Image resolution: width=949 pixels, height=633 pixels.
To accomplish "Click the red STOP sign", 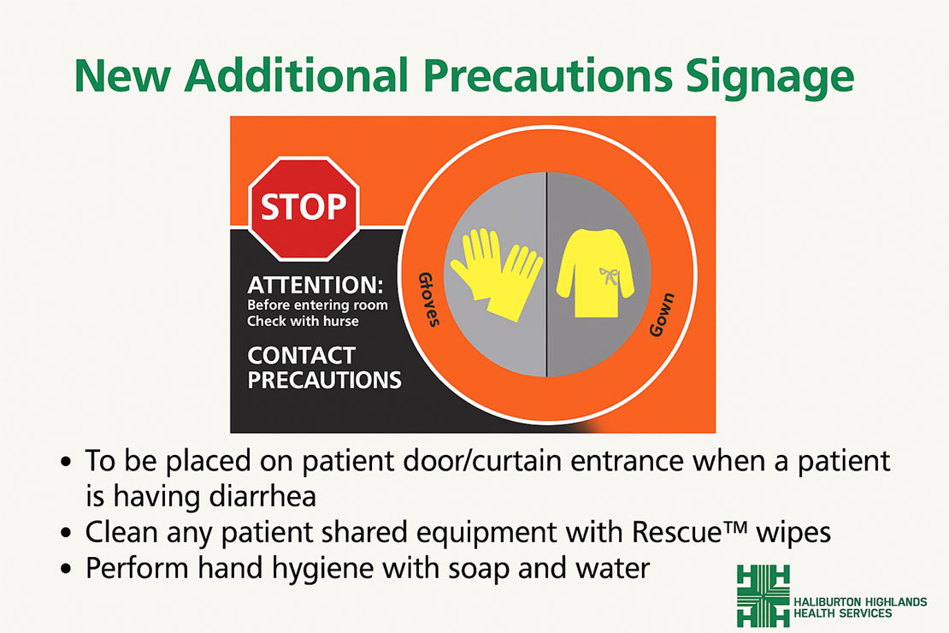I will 304,208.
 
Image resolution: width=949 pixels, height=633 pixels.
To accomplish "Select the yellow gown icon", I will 597,274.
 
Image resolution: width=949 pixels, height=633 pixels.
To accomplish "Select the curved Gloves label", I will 429,300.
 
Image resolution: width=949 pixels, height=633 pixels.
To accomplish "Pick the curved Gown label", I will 662,314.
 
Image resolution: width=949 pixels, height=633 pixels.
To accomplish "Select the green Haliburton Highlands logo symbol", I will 763,595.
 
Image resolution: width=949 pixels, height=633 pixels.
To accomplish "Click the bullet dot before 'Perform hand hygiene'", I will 68,568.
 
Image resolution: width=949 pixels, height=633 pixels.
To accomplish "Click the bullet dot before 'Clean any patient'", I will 68,533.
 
